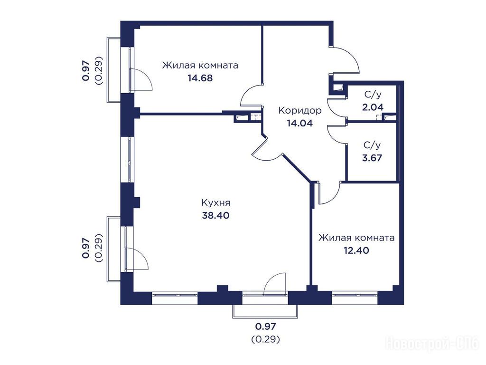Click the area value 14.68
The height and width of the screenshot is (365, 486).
pyautogui.click(x=200, y=78)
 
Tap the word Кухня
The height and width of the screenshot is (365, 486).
pyautogui.click(x=216, y=203)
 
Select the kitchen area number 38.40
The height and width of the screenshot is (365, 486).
pyautogui.click(x=216, y=215)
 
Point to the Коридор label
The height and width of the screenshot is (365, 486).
pyautogui.click(x=300, y=110)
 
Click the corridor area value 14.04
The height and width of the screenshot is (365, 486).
pyautogui.click(x=300, y=123)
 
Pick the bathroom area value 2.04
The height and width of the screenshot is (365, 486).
pyautogui.click(x=373, y=107)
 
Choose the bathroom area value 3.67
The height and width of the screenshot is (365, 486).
pyautogui.click(x=372, y=158)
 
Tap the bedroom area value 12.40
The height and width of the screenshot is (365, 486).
pyautogui.click(x=356, y=250)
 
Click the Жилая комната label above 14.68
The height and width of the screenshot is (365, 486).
pyautogui.click(x=200, y=66)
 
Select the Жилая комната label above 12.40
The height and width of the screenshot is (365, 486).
pyautogui.click(x=356, y=238)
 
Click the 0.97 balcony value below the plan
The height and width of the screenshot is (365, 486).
pyautogui.click(x=265, y=327)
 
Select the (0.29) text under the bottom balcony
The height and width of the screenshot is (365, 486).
pyautogui.click(x=265, y=339)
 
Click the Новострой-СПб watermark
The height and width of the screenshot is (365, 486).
pyautogui.click(x=432, y=344)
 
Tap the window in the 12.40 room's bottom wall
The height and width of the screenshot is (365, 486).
pyautogui.click(x=355, y=298)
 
